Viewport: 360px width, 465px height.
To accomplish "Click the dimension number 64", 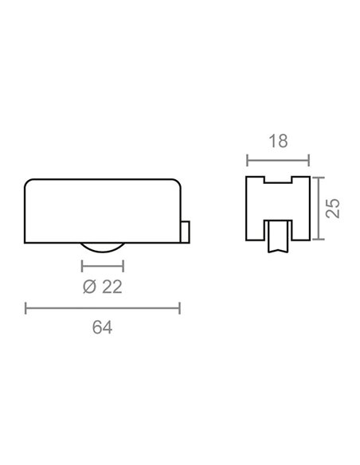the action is (102, 327).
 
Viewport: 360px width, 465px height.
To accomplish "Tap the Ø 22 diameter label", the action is (103, 287).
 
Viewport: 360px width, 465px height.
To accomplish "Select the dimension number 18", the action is (278, 141).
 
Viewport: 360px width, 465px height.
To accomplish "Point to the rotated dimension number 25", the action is (333, 208).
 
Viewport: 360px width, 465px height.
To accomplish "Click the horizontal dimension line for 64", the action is (103, 308).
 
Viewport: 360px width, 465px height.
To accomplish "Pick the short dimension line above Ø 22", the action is (103, 266).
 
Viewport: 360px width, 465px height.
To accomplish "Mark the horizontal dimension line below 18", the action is (278, 160).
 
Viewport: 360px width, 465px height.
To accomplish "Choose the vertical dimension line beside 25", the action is (319, 208).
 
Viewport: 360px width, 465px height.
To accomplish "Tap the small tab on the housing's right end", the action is (186, 232).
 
